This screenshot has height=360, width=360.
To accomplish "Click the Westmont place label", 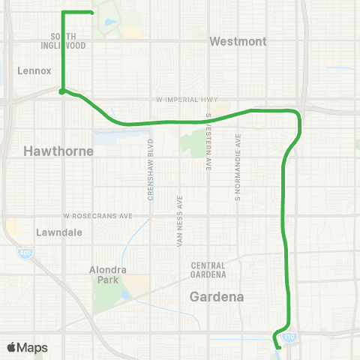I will click(x=238, y=42).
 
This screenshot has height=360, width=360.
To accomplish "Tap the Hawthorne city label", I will click(x=58, y=151).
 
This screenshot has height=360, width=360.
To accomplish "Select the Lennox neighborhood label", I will click(x=33, y=71).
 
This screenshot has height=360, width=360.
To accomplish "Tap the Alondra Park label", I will click(x=108, y=274).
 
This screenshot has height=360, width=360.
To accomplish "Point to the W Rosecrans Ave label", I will click(x=97, y=216).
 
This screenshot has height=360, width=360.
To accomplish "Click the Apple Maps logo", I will click(x=27, y=347).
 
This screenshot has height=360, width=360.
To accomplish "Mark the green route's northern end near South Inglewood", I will click(x=91, y=12).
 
